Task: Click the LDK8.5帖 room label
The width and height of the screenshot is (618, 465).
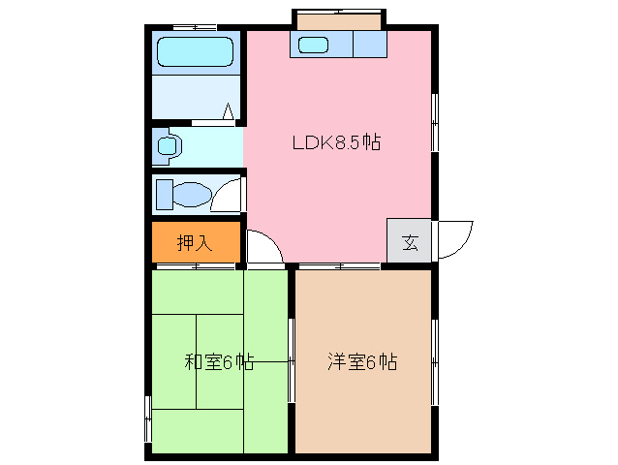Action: pyautogui.click(x=336, y=143)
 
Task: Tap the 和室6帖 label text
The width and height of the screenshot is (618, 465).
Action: pyautogui.click(x=219, y=362)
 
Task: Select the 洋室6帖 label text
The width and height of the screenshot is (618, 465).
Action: pyautogui.click(x=361, y=362)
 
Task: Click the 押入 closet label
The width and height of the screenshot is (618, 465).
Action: pyautogui.click(x=195, y=243)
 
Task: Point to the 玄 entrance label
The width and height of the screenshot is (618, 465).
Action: pyautogui.click(x=410, y=242)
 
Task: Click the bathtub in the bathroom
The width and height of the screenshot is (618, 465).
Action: pyautogui.click(x=196, y=52)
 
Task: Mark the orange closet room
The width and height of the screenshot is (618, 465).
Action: pyautogui.click(x=195, y=242)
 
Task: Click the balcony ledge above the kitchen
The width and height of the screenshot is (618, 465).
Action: pyautogui.click(x=339, y=20)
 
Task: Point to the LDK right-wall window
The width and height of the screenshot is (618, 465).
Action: pyautogui.click(x=434, y=121)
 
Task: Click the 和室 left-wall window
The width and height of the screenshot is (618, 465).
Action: pyautogui.click(x=148, y=418)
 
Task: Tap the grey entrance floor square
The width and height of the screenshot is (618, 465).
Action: pyautogui.click(x=410, y=241)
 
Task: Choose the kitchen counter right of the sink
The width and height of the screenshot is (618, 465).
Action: pyautogui.click(x=369, y=45)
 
